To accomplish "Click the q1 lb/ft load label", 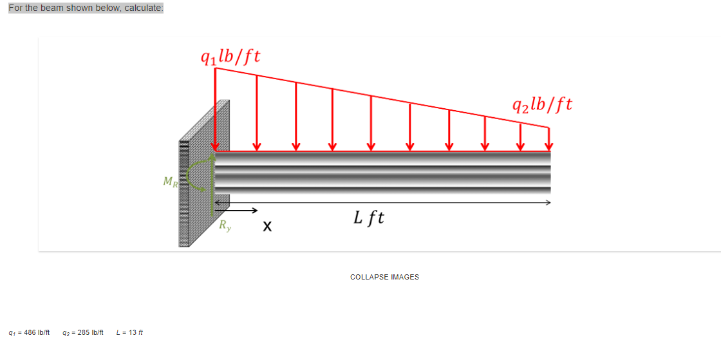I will click(230, 56).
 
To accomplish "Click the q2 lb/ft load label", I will click(541, 104).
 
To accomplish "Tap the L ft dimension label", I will click(369, 218).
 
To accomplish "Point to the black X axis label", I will click(267, 227).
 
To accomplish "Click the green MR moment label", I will click(171, 182).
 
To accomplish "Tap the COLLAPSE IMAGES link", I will click(384, 277).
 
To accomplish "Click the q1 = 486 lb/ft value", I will click(29, 333).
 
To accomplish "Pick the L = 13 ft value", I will click(129, 333).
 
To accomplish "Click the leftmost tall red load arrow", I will click(215, 109).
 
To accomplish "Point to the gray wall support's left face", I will click(183, 193).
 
